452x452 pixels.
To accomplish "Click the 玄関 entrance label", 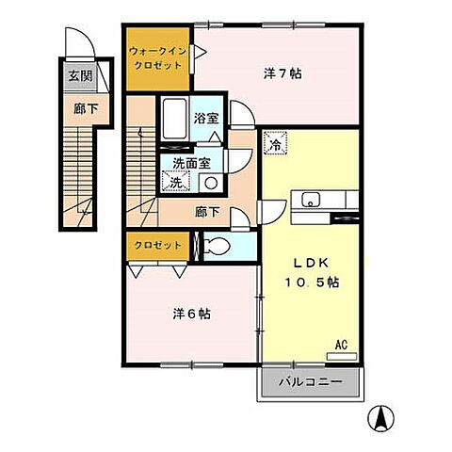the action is (x=80, y=76).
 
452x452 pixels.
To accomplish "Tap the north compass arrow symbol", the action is (x=381, y=419).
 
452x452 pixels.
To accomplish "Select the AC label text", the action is (x=341, y=345).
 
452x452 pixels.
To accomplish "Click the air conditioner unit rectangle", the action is (x=342, y=356).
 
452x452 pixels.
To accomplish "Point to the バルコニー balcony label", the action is (x=310, y=381).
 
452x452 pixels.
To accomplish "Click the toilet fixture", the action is (x=216, y=246).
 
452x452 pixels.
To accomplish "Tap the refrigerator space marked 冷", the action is (x=275, y=143).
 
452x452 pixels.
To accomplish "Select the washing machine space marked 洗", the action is (x=175, y=181).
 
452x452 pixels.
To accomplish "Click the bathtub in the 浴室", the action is (x=175, y=119).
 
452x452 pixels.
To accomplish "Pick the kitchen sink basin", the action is (x=311, y=200).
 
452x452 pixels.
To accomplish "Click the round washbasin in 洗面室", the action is (x=211, y=183).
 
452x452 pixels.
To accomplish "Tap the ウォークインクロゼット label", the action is (x=158, y=58).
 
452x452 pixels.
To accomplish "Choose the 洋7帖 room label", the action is (x=282, y=73).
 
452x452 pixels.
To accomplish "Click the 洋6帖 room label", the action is (x=192, y=314).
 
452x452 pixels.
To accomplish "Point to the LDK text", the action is (x=311, y=263).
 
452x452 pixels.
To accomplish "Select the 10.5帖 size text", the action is (x=312, y=282).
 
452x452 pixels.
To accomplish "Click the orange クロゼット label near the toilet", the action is (x=158, y=245).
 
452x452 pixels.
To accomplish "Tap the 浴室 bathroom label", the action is (x=206, y=119).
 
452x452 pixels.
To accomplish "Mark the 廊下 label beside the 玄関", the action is (x=86, y=108).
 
